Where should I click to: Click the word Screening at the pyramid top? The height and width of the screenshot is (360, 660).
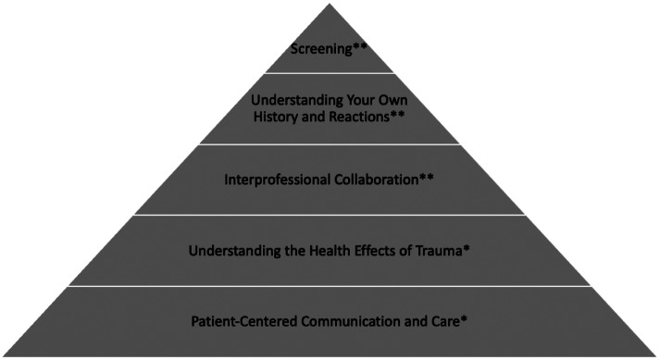click(321, 49)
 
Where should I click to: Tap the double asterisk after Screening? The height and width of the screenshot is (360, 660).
click(360, 46)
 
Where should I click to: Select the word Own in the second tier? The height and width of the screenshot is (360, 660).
click(392, 100)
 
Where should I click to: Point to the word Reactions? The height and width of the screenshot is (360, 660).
click(359, 117)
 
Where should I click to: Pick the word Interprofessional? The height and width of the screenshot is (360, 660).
click(278, 180)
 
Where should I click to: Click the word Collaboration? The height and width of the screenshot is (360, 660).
click(377, 180)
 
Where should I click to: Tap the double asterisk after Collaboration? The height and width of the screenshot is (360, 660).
click(427, 177)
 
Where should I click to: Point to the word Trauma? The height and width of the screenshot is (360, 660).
click(439, 251)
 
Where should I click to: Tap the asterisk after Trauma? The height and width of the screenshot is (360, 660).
click(466, 248)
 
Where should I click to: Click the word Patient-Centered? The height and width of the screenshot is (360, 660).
click(244, 321)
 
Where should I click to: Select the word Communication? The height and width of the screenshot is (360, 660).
click(351, 321)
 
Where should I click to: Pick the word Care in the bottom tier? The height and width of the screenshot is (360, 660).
click(445, 321)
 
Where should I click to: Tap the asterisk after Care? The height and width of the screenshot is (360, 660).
click(464, 318)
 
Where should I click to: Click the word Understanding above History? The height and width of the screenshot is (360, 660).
click(297, 101)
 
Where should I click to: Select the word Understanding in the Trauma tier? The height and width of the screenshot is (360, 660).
click(235, 252)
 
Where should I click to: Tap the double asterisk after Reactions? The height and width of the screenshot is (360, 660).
click(397, 114)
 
